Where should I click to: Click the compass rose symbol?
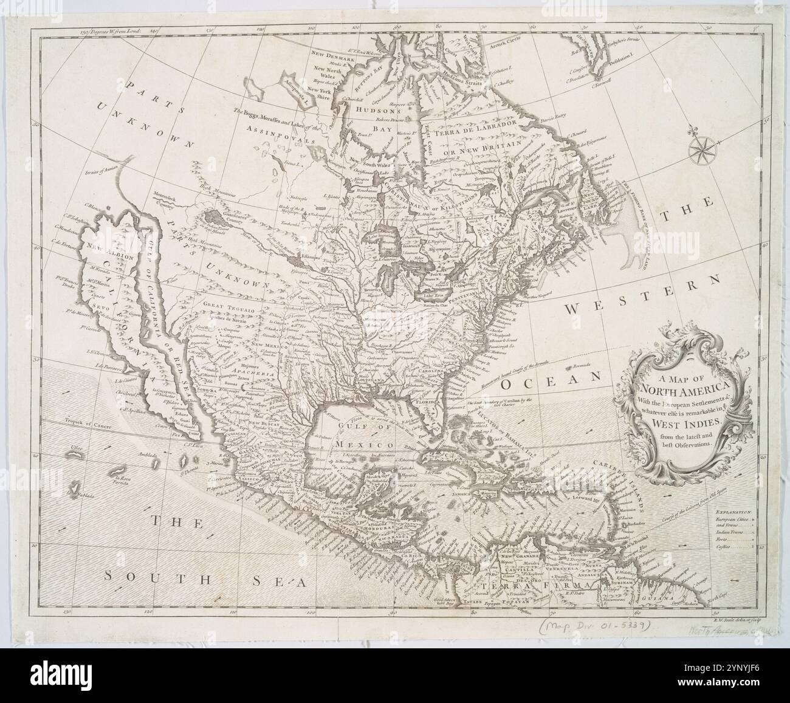coord(703,148)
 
